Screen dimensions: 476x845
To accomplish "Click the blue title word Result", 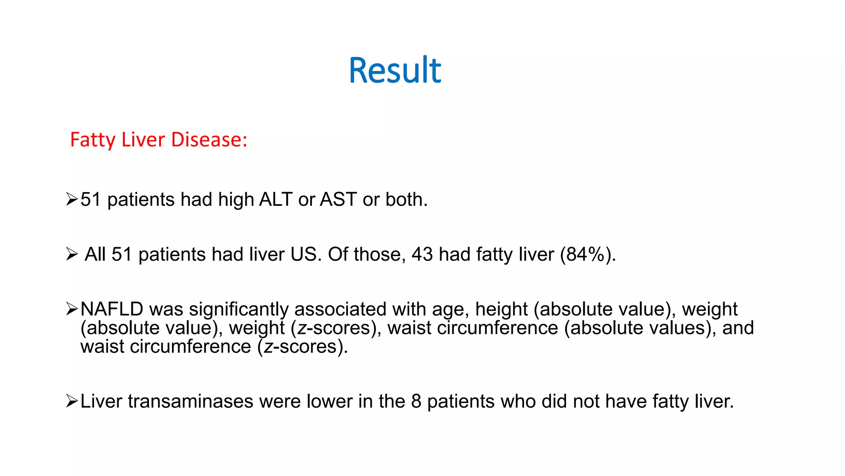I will tap(395, 70).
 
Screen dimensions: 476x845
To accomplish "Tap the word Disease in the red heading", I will tap(209, 140).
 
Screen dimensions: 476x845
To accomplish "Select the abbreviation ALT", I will tap(276, 200).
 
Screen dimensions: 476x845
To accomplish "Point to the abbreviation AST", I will tap(338, 200).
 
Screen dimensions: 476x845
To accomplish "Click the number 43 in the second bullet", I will tap(422, 254).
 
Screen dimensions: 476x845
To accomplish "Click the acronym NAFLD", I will tap(112, 309).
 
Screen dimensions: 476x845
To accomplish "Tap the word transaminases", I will tap(190, 401).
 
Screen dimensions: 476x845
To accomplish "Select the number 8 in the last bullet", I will tap(416, 401).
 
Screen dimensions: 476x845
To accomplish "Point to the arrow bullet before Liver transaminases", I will tap(72, 401).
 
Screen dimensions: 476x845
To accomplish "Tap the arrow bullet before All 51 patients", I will tap(72, 254).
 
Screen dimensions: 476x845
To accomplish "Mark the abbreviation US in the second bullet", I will tap(306, 254).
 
